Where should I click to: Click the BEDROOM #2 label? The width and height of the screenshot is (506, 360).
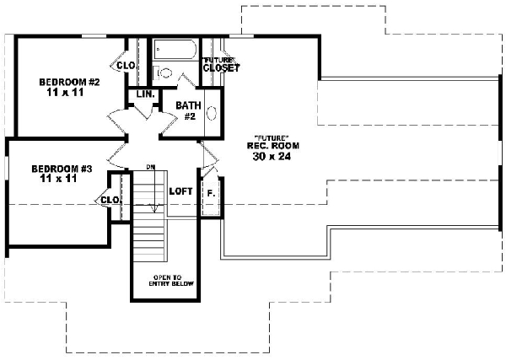click(70, 82)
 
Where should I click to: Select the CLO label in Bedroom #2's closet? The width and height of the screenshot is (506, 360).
click(126, 65)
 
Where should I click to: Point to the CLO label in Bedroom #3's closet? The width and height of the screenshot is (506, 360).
click(110, 200)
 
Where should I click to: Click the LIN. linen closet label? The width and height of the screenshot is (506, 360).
click(144, 94)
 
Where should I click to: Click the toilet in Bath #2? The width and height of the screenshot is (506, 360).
click(164, 73)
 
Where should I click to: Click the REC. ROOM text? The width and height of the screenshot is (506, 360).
click(272, 146)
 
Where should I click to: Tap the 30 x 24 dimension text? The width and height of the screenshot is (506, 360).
click(272, 156)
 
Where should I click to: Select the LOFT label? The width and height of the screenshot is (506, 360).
click(181, 191)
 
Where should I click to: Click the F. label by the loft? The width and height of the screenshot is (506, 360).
click(211, 193)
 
